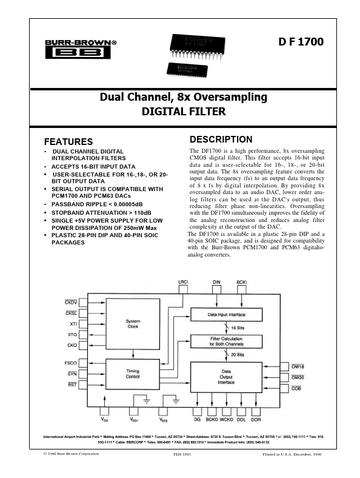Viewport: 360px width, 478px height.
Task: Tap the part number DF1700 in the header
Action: (x=302, y=42)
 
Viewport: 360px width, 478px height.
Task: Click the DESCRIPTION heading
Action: (x=221, y=140)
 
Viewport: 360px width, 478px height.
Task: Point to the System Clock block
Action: (x=132, y=324)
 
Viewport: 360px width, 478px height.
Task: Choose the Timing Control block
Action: (x=132, y=373)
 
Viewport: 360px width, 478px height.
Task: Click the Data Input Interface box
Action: (x=226, y=314)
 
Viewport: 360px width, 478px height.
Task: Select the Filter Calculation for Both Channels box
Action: (x=226, y=340)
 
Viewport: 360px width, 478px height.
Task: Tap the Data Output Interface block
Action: (x=226, y=379)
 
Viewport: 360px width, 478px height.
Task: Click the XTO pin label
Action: (x=72, y=334)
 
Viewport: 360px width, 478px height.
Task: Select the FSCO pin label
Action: (x=70, y=363)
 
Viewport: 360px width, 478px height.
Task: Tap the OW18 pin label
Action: (x=298, y=367)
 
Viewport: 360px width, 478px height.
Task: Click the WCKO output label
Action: (x=227, y=419)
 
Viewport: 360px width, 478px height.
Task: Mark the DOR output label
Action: (x=256, y=419)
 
